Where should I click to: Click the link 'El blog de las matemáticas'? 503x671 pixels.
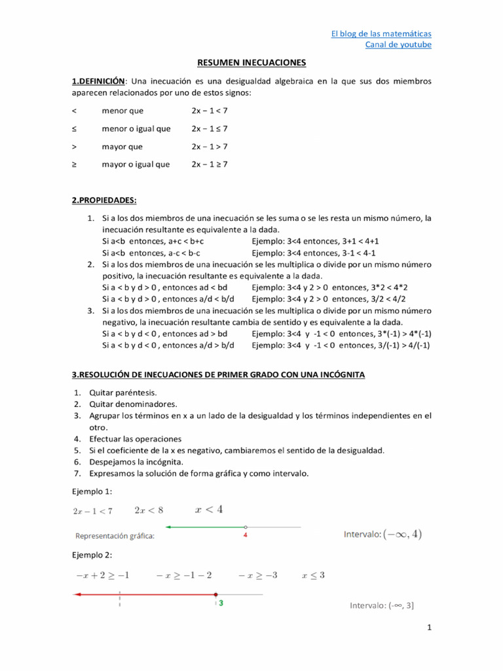pyautogui.click(x=381, y=33)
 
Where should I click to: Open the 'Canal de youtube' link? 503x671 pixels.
pyautogui.click(x=398, y=45)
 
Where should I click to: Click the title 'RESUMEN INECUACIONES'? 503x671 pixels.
pyautogui.click(x=251, y=63)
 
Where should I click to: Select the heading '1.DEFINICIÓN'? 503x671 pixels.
pyautogui.click(x=98, y=81)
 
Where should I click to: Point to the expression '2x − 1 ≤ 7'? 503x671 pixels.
pyautogui.click(x=210, y=128)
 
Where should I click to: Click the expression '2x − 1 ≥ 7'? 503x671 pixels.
pyautogui.click(x=210, y=164)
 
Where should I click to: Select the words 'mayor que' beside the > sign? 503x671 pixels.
pyautogui.click(x=122, y=147)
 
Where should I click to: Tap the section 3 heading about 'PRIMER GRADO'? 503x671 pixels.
pyautogui.click(x=218, y=375)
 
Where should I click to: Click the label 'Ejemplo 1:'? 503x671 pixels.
pyautogui.click(x=92, y=491)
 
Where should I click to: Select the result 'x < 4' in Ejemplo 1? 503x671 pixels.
pyautogui.click(x=209, y=508)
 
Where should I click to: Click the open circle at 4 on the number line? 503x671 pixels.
pyautogui.click(x=245, y=527)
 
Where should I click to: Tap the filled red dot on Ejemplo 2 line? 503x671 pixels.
pyautogui.click(x=215, y=594)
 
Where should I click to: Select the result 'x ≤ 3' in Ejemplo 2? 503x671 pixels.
pyautogui.click(x=313, y=575)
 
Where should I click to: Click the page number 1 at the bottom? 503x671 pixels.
pyautogui.click(x=429, y=628)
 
